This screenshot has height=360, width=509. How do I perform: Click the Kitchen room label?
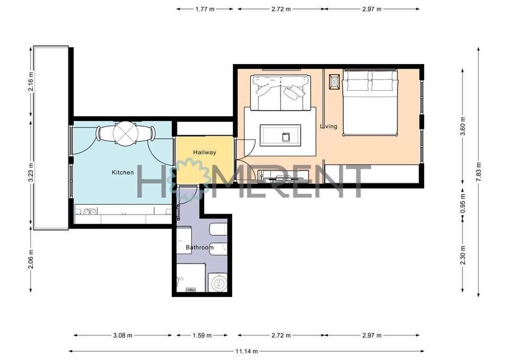(x=122, y=172)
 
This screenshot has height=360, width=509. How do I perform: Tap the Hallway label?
(x=205, y=152)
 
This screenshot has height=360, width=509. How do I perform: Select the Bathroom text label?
(x=200, y=248)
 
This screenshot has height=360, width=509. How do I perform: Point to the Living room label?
(x=329, y=126)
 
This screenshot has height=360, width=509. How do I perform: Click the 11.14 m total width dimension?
(x=247, y=351)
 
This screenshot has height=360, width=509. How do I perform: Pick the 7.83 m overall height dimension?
(x=478, y=172)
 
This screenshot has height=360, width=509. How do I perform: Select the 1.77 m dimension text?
(x=205, y=9)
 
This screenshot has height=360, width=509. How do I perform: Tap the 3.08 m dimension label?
(x=122, y=335)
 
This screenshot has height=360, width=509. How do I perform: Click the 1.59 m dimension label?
(x=202, y=335)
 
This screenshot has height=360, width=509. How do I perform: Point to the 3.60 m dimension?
(x=463, y=126)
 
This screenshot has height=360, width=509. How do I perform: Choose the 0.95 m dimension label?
(x=463, y=203)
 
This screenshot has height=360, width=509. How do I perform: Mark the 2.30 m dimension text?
(x=463, y=255)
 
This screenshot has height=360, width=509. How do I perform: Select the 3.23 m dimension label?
(x=31, y=173)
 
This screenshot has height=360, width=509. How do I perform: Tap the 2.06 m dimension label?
(x=31, y=259)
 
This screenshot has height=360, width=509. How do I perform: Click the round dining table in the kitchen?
(x=126, y=133)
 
